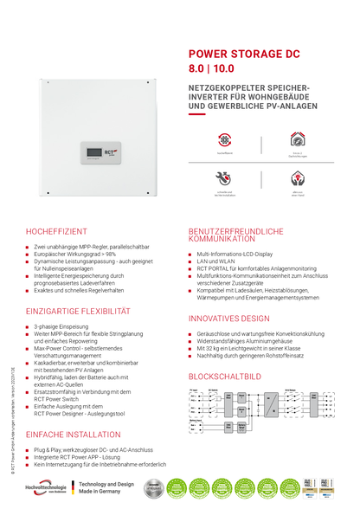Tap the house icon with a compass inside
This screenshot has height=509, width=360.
pos(297,139)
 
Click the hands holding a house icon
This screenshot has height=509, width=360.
pos(297,177)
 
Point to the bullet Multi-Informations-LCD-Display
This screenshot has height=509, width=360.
pos(235,254)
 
